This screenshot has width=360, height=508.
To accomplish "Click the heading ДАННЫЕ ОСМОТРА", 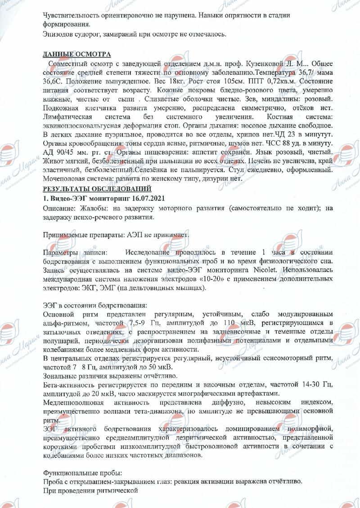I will [x=76, y=54].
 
